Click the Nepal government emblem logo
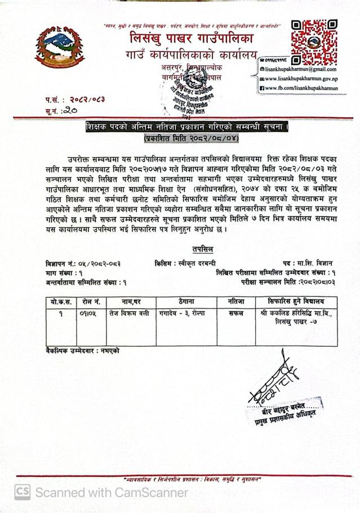(55, 48)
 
